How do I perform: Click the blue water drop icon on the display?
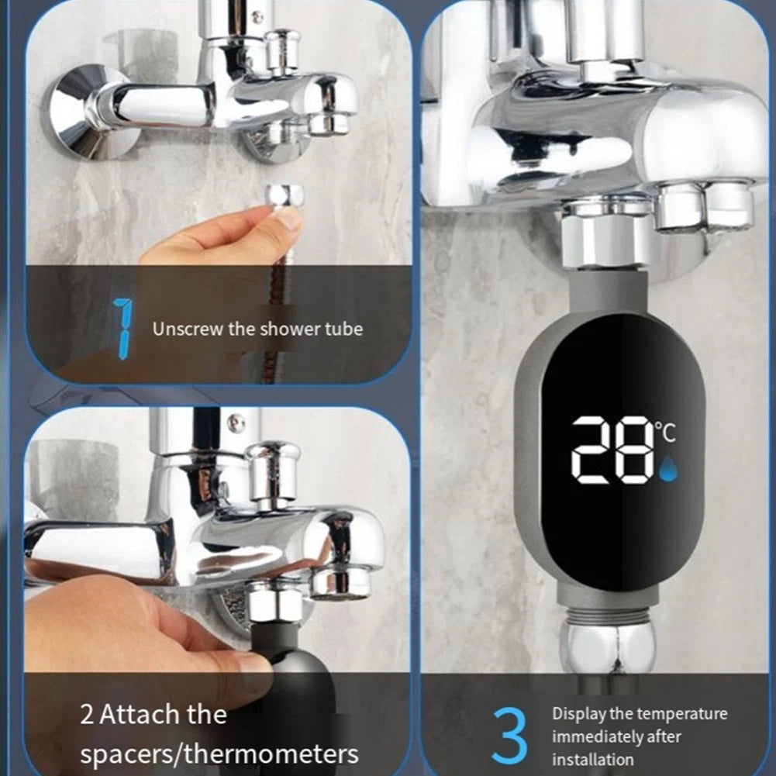(668, 467)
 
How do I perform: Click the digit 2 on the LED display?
(593, 450)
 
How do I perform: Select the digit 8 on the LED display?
(636, 450)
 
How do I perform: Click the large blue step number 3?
(510, 735)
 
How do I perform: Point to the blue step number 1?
(123, 328)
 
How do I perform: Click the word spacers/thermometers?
(219, 755)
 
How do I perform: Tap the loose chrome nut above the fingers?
(284, 195)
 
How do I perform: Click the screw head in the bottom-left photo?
(236, 423)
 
